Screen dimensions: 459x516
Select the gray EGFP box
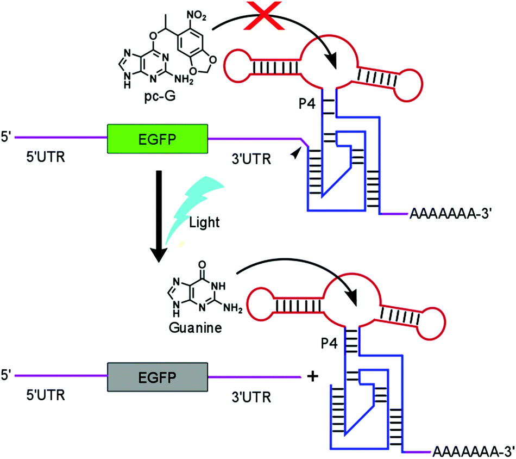(x=157, y=375)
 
